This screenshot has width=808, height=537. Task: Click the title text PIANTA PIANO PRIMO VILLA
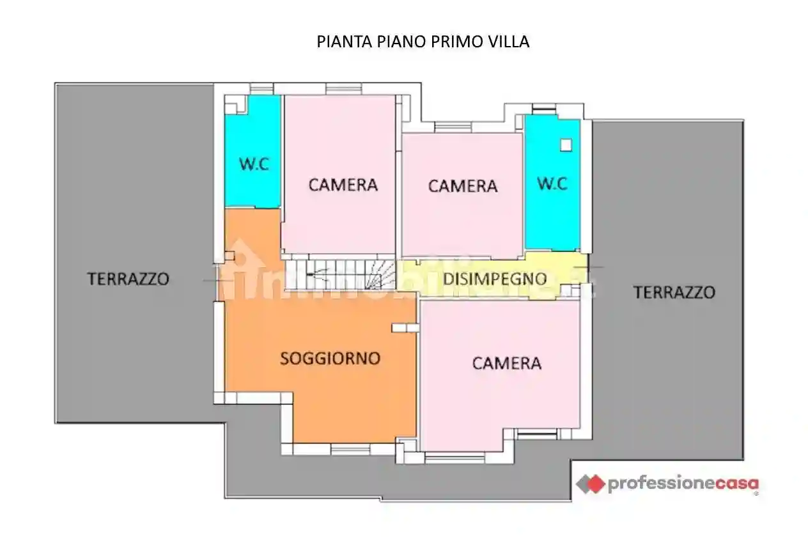click(423, 42)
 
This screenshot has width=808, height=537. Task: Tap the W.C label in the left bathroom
click(254, 164)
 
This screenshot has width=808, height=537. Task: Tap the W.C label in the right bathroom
click(552, 184)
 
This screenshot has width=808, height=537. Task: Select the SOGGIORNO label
click(330, 359)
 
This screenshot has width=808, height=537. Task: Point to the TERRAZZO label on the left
click(128, 279)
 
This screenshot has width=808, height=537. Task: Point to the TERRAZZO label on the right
click(674, 293)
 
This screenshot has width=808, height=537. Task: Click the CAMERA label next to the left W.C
click(343, 185)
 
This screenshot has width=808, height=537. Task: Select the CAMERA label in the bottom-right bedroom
click(506, 363)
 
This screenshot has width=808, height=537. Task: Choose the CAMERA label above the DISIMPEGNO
click(462, 186)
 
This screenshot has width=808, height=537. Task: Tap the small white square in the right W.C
click(565, 145)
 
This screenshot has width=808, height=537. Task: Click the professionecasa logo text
click(683, 483)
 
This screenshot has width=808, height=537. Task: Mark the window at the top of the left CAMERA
click(343, 89)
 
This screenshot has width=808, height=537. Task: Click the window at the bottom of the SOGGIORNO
click(350, 449)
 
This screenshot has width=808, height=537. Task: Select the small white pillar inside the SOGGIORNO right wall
click(405, 328)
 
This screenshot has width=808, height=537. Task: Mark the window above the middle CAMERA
click(453, 127)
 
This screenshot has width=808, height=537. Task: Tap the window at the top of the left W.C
click(261, 89)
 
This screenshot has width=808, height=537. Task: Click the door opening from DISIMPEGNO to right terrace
click(586, 267)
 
